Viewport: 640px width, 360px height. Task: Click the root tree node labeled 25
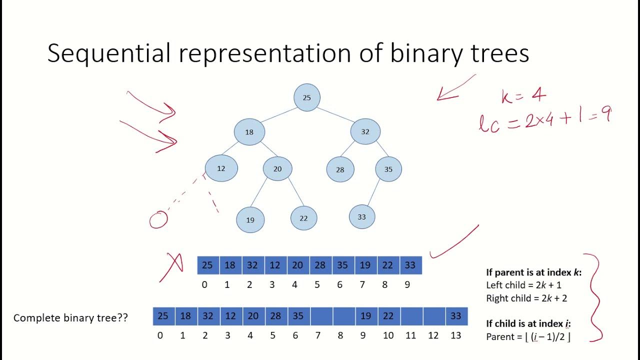pyautogui.click(x=307, y=97)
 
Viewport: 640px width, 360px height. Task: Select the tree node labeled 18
pyautogui.click(x=249, y=132)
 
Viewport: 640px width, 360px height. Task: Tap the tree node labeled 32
pyautogui.click(x=365, y=132)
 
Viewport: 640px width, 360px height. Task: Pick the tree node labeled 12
pyautogui.click(x=221, y=168)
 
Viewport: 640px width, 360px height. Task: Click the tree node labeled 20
pyautogui.click(x=277, y=169)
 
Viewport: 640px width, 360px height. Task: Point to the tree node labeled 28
pyautogui.click(x=340, y=169)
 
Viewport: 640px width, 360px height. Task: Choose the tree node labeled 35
pyautogui.click(x=388, y=169)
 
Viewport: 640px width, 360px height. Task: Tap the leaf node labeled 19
pyautogui.click(x=250, y=219)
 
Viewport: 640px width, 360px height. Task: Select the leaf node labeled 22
pyautogui.click(x=303, y=218)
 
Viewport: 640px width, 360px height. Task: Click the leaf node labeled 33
pyautogui.click(x=362, y=217)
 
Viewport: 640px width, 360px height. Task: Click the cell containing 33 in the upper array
pyautogui.click(x=410, y=265)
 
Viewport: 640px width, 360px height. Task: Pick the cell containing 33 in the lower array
pyautogui.click(x=456, y=316)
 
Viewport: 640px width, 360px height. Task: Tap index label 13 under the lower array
pyautogui.click(x=455, y=335)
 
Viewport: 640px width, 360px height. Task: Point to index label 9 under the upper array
pyautogui.click(x=407, y=285)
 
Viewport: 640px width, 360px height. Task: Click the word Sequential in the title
pyautogui.click(x=109, y=53)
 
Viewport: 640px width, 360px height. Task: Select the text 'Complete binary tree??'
pyautogui.click(x=70, y=318)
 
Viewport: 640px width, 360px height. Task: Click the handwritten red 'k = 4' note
pyautogui.click(x=523, y=95)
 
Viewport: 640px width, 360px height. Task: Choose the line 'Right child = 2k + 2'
pyautogui.click(x=526, y=298)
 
